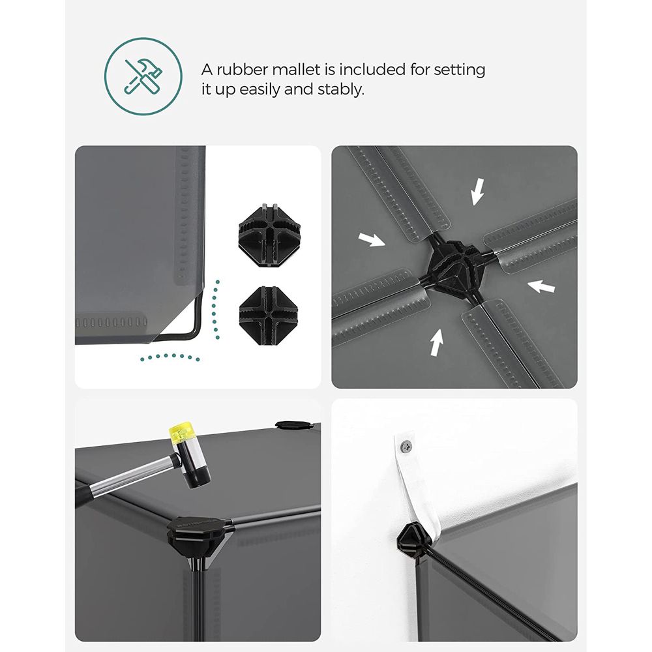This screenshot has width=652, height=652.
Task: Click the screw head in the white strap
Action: click(x=407, y=446)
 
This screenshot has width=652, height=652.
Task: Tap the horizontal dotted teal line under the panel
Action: click(x=170, y=357)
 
